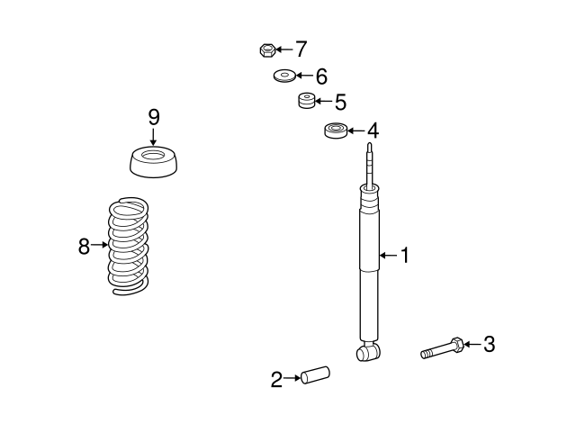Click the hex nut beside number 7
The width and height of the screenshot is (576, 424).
click(x=267, y=50)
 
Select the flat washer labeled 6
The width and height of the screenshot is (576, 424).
click(x=284, y=76)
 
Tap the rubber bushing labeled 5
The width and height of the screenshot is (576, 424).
click(x=306, y=101)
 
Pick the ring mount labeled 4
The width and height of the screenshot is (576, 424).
click(x=336, y=131)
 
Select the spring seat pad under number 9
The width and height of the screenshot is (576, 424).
click(x=154, y=162)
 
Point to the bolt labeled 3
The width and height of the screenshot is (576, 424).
click(x=442, y=347)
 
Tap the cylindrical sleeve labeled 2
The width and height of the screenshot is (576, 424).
click(x=315, y=375)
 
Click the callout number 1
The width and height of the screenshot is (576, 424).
click(x=404, y=255)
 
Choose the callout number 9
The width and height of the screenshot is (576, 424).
click(x=154, y=118)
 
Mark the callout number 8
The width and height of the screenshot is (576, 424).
click(x=84, y=246)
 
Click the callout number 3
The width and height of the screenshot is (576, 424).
click(x=489, y=344)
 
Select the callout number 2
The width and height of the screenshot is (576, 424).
click(x=276, y=379)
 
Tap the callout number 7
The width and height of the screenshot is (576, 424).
click(x=301, y=49)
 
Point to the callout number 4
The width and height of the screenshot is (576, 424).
click(x=373, y=131)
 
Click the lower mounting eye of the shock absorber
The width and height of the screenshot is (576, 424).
click(x=368, y=352)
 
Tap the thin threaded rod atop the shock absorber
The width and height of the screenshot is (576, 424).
click(x=370, y=165)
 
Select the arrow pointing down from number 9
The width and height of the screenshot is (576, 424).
click(x=153, y=136)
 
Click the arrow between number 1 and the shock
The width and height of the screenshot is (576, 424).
click(x=388, y=255)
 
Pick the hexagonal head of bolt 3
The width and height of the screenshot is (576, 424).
click(x=458, y=344)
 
